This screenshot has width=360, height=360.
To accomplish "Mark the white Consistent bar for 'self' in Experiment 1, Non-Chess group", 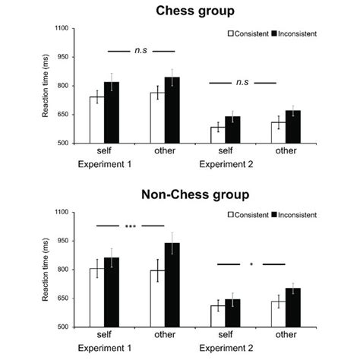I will pyautogui.click(x=96, y=297).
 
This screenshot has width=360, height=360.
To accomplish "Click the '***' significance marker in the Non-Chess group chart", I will pyautogui.click(x=131, y=226).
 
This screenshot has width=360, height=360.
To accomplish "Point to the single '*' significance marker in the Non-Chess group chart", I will pyautogui.click(x=251, y=264).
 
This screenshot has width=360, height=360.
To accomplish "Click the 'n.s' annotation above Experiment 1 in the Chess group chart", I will pyautogui.click(x=141, y=52).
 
